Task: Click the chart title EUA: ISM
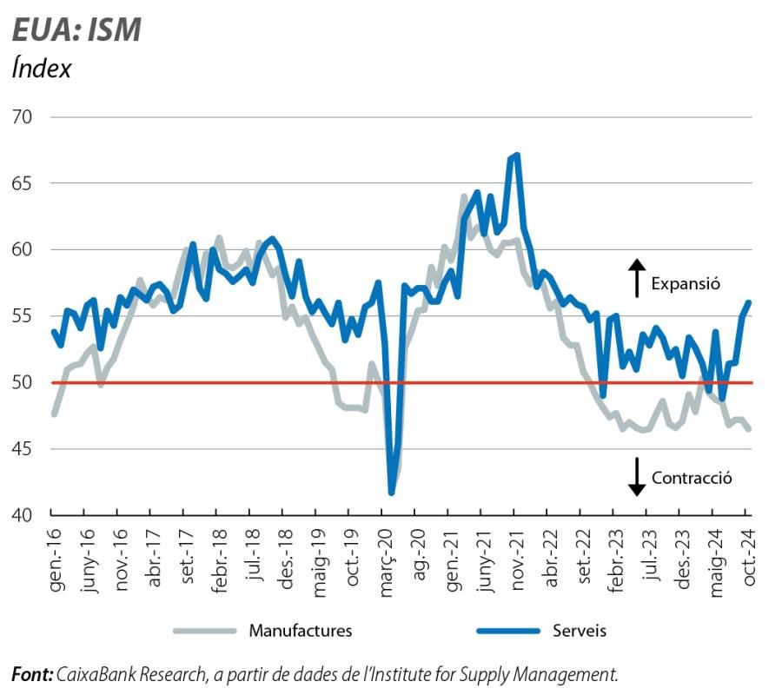click(x=76, y=30)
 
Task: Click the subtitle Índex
click(x=42, y=69)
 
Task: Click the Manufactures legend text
click(x=301, y=631)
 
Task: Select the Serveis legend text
click(x=580, y=631)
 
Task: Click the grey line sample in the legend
click(x=204, y=631)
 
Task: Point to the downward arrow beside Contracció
click(x=637, y=477)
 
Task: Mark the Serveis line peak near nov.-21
click(x=517, y=156)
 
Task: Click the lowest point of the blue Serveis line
click(x=391, y=493)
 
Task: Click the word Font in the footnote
click(x=31, y=673)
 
